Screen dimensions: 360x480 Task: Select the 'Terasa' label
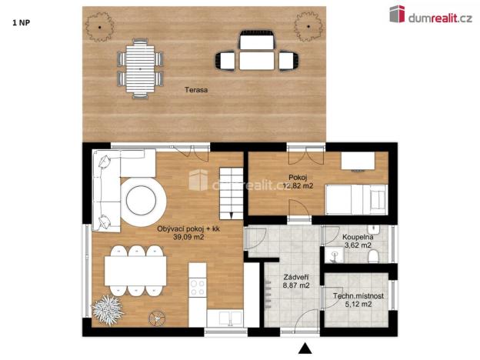point(196,90)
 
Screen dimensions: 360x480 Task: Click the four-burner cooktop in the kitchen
point(197,286)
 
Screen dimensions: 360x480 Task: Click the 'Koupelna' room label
point(358,238)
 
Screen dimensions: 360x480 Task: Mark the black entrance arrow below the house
point(307,348)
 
